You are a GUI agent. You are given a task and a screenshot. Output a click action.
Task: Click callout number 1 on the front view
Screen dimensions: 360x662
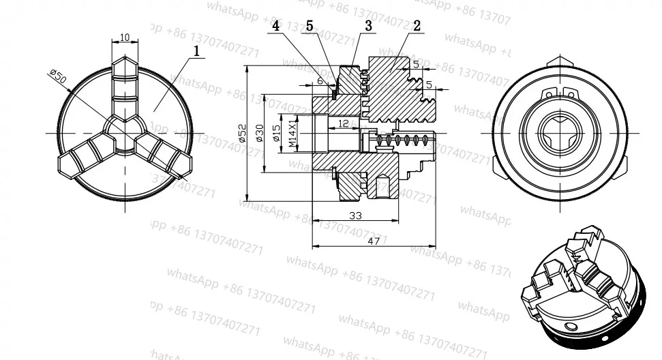(x=196, y=50)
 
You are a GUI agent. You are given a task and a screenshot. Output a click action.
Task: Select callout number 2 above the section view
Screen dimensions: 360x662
(x=417, y=26)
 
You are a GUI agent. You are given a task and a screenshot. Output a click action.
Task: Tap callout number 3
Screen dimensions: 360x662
(x=368, y=26)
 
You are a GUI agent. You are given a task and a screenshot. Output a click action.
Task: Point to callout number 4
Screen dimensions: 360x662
(x=275, y=26)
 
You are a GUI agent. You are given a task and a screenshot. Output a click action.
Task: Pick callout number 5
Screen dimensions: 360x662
(x=310, y=26)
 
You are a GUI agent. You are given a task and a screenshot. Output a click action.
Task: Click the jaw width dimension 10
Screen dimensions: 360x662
(x=124, y=37)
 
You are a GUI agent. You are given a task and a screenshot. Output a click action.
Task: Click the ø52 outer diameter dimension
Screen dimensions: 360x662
(x=242, y=132)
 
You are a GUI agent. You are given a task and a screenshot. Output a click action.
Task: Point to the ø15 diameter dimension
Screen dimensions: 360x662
(x=276, y=132)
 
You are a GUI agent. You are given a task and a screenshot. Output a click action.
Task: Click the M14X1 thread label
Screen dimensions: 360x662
(x=292, y=133)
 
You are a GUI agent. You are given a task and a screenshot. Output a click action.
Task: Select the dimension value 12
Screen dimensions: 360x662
(x=343, y=123)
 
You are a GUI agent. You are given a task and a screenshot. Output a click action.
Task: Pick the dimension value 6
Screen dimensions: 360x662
(x=320, y=81)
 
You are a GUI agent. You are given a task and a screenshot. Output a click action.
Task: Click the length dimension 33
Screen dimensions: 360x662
(x=355, y=215)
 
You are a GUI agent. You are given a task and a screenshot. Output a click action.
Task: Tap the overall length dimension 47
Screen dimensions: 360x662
(x=374, y=241)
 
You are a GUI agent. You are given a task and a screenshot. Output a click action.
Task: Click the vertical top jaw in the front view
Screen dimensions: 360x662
(x=124, y=85)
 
